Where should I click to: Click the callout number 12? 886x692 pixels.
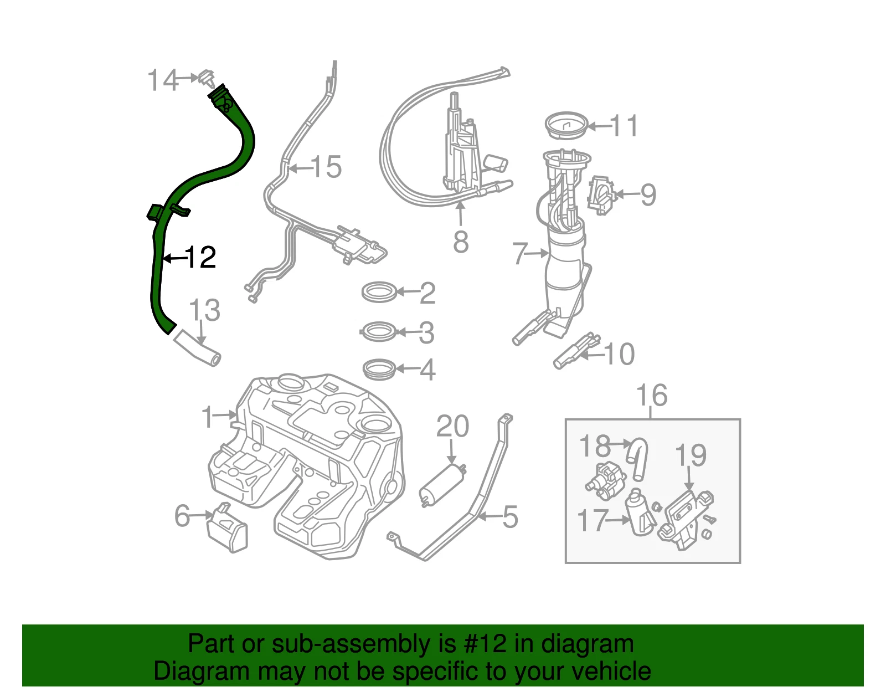click(200, 257)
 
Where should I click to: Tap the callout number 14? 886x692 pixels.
click(162, 80)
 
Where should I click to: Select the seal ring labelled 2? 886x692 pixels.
click(379, 292)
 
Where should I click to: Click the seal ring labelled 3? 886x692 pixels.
click(379, 331)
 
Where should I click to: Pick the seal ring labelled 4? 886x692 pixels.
click(379, 369)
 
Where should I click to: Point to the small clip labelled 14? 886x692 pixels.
click(207, 78)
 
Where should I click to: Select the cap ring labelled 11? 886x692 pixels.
click(566, 126)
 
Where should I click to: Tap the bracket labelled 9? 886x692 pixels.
click(601, 196)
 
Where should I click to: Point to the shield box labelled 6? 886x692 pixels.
click(227, 527)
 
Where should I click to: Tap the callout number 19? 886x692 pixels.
click(691, 455)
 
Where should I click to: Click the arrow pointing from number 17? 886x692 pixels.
click(618, 520)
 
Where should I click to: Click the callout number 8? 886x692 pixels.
click(461, 242)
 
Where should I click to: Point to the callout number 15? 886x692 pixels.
click(326, 167)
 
